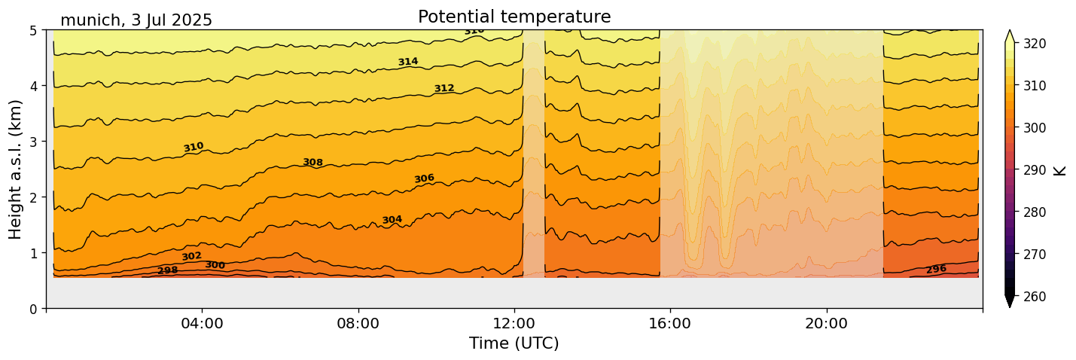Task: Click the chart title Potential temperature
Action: [x=514, y=17]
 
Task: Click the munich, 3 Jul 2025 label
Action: [x=136, y=20]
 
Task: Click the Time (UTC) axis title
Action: [x=514, y=343]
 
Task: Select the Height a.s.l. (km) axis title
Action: [x=16, y=169]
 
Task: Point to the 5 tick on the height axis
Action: [x=33, y=31]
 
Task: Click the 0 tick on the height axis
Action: [x=33, y=309]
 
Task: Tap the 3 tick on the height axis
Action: [x=33, y=142]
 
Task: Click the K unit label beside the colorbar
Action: [x=1060, y=170]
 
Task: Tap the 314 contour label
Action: [x=408, y=62]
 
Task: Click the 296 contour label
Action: [x=936, y=270]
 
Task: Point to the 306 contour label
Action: [x=424, y=178]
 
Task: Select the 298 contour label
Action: [x=168, y=270]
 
